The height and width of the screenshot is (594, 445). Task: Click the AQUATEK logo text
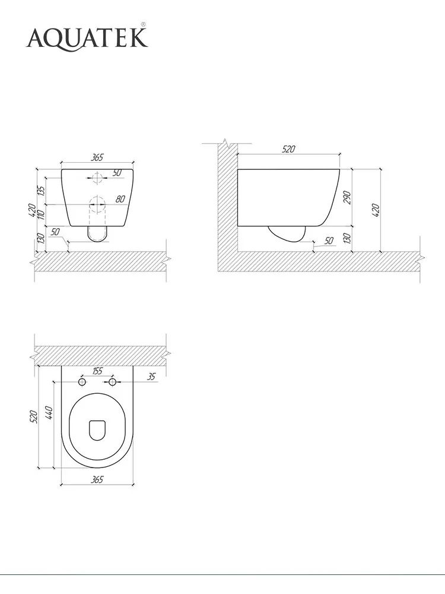[87, 38]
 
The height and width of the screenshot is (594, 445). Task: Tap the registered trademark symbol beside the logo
[144, 24]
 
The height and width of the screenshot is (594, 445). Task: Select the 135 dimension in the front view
[42, 190]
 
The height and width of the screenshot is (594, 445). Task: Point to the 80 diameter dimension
[120, 198]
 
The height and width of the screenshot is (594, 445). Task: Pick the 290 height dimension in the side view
[347, 197]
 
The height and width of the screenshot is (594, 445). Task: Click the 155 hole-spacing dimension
[97, 371]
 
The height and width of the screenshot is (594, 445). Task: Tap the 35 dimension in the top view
[151, 376]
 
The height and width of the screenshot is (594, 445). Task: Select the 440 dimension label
[49, 412]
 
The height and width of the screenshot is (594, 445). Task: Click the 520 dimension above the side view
[288, 149]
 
